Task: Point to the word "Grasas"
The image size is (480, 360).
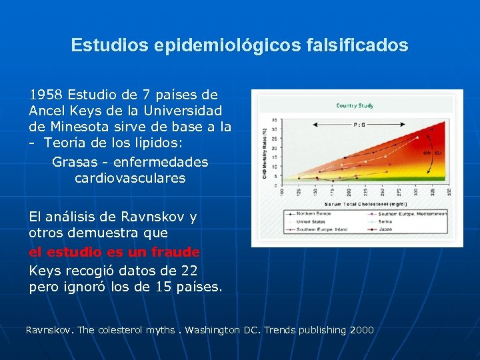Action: click(x=74, y=162)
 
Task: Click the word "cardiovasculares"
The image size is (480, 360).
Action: click(x=130, y=178)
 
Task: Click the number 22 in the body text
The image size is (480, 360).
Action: click(x=189, y=271)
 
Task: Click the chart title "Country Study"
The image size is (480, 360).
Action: click(x=355, y=105)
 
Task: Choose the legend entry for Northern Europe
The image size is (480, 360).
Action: click(x=319, y=213)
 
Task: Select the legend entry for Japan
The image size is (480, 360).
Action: click(x=399, y=229)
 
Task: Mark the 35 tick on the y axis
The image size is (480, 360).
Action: click(x=275, y=121)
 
